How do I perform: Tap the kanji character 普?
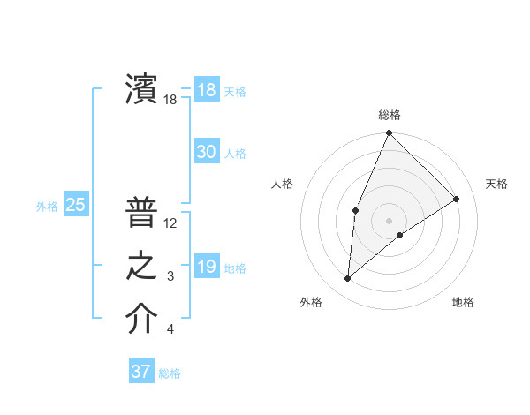pyautogui.click(x=140, y=213)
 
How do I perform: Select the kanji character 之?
pyautogui.click(x=140, y=266)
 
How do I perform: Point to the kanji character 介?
pyautogui.click(x=140, y=320)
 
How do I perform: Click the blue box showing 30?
pyautogui.click(x=206, y=152)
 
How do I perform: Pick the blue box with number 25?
pyautogui.click(x=75, y=205)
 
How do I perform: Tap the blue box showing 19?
pyautogui.click(x=206, y=267)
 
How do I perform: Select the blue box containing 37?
pyautogui.click(x=140, y=372)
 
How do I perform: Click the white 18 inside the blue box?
pyautogui.click(x=206, y=90)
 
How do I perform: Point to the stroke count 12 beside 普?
pyautogui.click(x=170, y=223)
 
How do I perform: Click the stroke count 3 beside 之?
pyautogui.click(x=170, y=277)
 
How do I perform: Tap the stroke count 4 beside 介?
pyautogui.click(x=170, y=330)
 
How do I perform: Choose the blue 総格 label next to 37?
pyautogui.click(x=170, y=373)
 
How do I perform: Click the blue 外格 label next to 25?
pyautogui.click(x=47, y=207)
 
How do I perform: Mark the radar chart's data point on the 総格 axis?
pyautogui.click(x=389, y=133)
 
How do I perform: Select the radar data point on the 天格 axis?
pyautogui.click(x=457, y=199)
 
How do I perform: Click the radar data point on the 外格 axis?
pyautogui.click(x=348, y=279)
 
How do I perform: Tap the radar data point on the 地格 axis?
pyautogui.click(x=400, y=235)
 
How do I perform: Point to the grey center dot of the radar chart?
pyautogui.click(x=389, y=220)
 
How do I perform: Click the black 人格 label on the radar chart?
pyautogui.click(x=283, y=184)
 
